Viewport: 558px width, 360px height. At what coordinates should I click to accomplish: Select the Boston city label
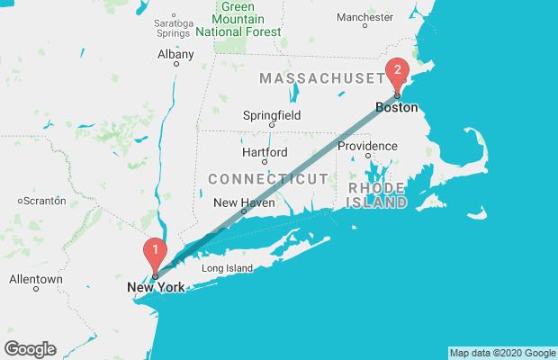pyautogui.click(x=396, y=107)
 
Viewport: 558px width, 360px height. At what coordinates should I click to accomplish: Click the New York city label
pyautogui.click(x=156, y=287)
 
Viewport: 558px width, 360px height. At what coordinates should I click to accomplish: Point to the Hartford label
pyautogui.click(x=265, y=152)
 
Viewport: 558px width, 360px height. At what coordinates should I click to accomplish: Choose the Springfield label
pyautogui.click(x=272, y=115)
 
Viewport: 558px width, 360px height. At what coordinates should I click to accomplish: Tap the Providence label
pyautogui.click(x=367, y=146)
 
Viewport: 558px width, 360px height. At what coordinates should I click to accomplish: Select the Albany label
pyautogui.click(x=175, y=54)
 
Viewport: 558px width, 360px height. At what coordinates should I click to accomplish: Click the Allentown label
pyautogui.click(x=36, y=280)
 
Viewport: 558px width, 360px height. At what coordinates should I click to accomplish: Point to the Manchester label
pyautogui.click(x=364, y=17)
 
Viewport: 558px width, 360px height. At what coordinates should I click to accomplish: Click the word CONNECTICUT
pyautogui.click(x=267, y=179)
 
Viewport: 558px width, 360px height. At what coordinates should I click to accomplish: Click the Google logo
pyautogui.click(x=30, y=349)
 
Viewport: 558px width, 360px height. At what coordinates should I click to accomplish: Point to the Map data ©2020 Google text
pyautogui.click(x=502, y=353)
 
